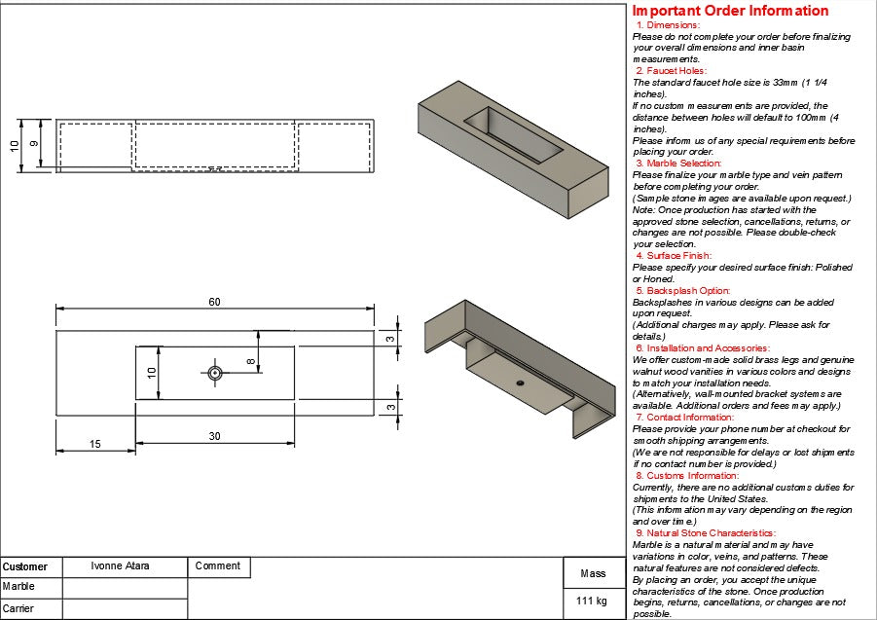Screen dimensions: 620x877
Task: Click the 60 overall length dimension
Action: (x=214, y=302)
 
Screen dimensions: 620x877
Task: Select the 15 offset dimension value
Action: (x=94, y=444)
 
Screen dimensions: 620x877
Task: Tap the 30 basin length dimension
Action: (x=214, y=436)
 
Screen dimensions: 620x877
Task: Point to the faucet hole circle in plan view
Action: (x=214, y=372)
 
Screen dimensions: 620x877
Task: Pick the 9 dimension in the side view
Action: (x=35, y=144)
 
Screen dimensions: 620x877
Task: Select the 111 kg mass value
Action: (x=592, y=601)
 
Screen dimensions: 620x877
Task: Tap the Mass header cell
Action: (x=593, y=573)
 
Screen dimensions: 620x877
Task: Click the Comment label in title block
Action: (x=217, y=565)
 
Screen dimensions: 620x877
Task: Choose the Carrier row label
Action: (x=18, y=608)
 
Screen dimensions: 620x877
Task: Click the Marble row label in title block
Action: (x=18, y=587)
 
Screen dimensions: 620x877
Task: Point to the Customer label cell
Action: (x=25, y=566)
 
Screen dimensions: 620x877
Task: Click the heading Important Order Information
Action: (x=731, y=11)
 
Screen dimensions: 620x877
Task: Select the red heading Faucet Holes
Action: (x=671, y=71)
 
